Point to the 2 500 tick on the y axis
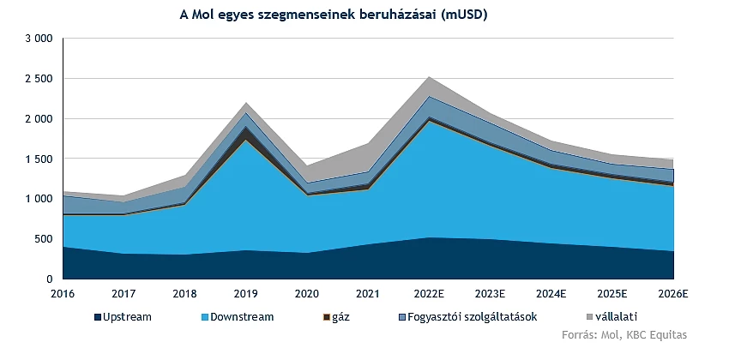39,79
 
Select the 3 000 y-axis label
39,39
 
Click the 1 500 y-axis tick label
39,159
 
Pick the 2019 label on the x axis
247,293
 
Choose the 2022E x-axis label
429,293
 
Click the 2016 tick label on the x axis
63,293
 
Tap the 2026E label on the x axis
673,293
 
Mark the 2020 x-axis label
307,293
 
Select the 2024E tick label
551,293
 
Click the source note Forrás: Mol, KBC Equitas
624,334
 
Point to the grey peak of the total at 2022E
429,78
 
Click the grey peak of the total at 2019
247,104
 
